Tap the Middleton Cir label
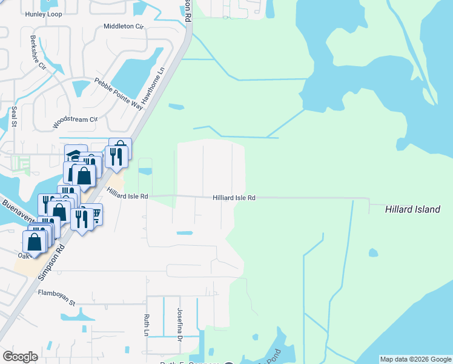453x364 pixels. (x=124, y=26)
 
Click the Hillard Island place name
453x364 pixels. (x=412, y=209)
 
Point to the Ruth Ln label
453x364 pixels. (x=146, y=325)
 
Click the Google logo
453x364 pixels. (x=20, y=357)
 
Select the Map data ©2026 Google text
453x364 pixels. (x=415, y=359)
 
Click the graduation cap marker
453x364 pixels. (x=75, y=155)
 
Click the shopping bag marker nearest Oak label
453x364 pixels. (x=35, y=241)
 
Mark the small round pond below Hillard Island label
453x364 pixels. (x=372, y=252)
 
